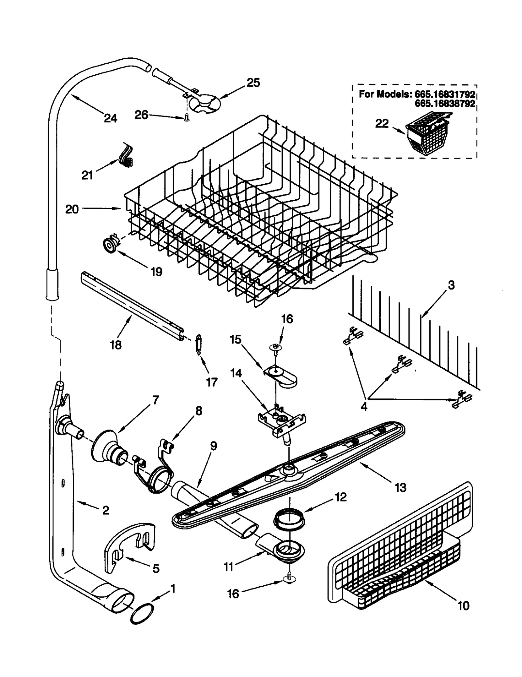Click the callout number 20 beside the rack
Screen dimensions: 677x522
pyautogui.click(x=72, y=209)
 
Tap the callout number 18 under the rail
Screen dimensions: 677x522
pyautogui.click(x=115, y=345)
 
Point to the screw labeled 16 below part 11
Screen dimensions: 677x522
pyautogui.click(x=289, y=577)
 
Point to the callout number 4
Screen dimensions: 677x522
pyautogui.click(x=364, y=407)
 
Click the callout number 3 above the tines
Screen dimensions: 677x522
pyautogui.click(x=451, y=285)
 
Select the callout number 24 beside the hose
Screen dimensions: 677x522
pyautogui.click(x=110, y=118)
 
